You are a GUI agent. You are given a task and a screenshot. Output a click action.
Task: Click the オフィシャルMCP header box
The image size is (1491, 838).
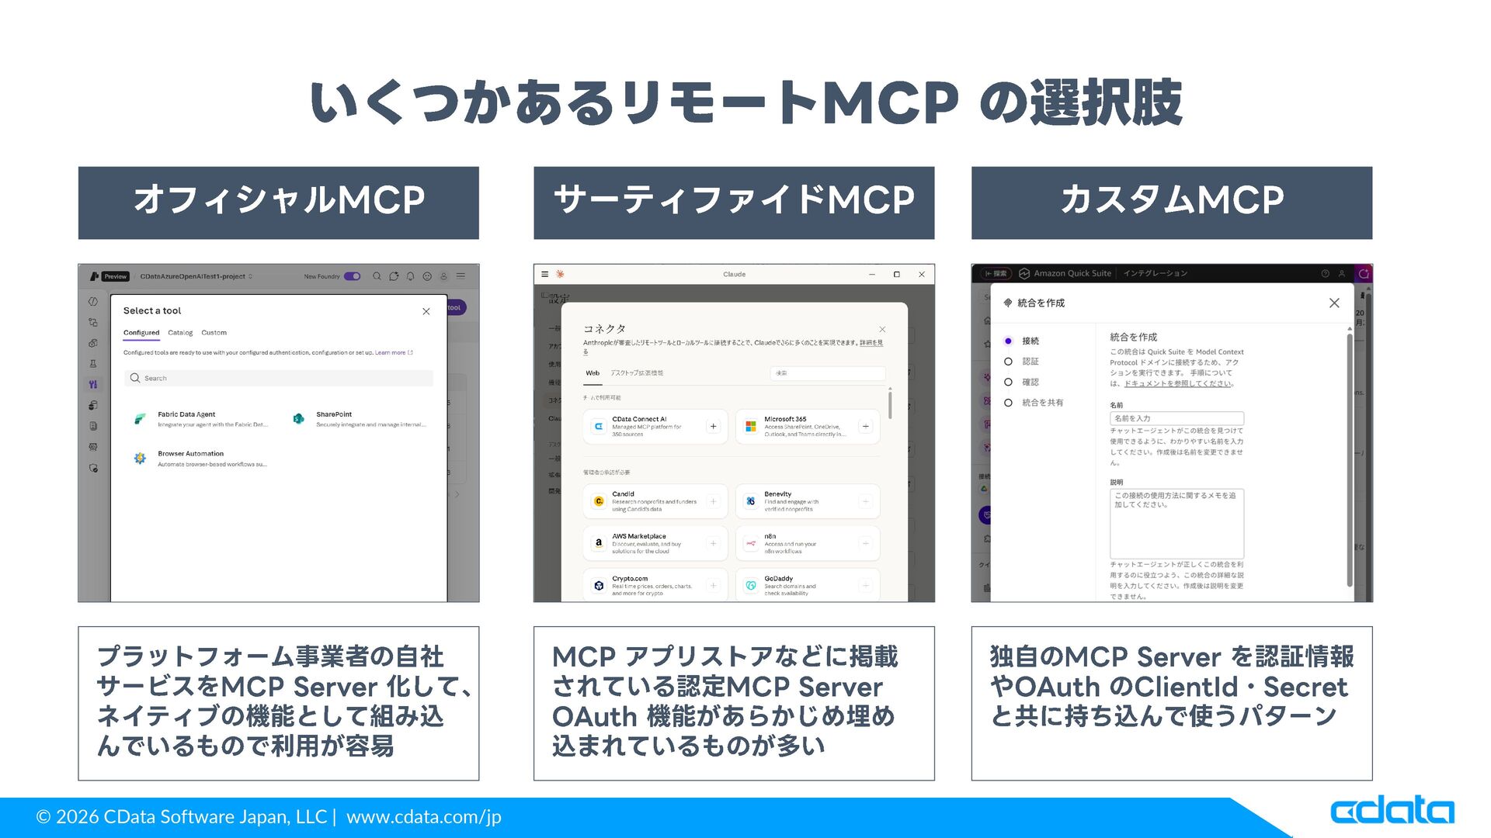[278, 203]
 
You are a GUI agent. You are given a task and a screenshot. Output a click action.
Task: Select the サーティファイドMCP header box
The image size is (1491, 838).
[733, 203]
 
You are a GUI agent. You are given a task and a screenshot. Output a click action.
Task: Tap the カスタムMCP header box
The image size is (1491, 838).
[1171, 203]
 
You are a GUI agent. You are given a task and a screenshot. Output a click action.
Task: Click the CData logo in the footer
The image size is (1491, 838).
[1392, 811]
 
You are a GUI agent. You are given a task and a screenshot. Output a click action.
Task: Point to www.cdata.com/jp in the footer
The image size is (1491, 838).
[423, 817]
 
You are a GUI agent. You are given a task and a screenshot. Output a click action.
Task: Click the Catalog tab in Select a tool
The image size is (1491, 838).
[180, 333]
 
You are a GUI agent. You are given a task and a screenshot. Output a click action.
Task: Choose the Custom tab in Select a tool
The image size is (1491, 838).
[214, 333]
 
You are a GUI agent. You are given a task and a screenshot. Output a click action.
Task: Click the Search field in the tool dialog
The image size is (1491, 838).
[280, 378]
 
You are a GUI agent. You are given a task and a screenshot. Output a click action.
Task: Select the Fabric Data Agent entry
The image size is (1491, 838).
[202, 419]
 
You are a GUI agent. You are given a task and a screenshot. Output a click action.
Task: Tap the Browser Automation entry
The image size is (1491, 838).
[202, 459]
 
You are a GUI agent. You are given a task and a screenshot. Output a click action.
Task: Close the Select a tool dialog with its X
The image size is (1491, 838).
[426, 311]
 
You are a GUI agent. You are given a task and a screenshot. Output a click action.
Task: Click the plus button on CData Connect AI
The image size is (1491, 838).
[713, 426]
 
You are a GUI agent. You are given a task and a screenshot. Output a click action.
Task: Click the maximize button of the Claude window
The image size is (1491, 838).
[896, 274]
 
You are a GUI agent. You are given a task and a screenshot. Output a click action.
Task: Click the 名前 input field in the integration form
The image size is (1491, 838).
[1176, 418]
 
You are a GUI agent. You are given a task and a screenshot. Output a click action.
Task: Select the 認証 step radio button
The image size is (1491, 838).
[1008, 362]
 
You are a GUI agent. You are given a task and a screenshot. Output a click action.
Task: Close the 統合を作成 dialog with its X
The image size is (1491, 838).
[1334, 303]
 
